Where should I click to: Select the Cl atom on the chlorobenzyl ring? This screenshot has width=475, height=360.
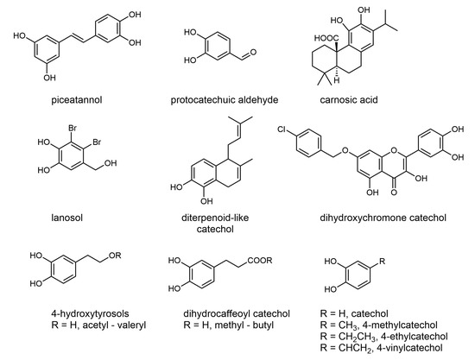(282, 129)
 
